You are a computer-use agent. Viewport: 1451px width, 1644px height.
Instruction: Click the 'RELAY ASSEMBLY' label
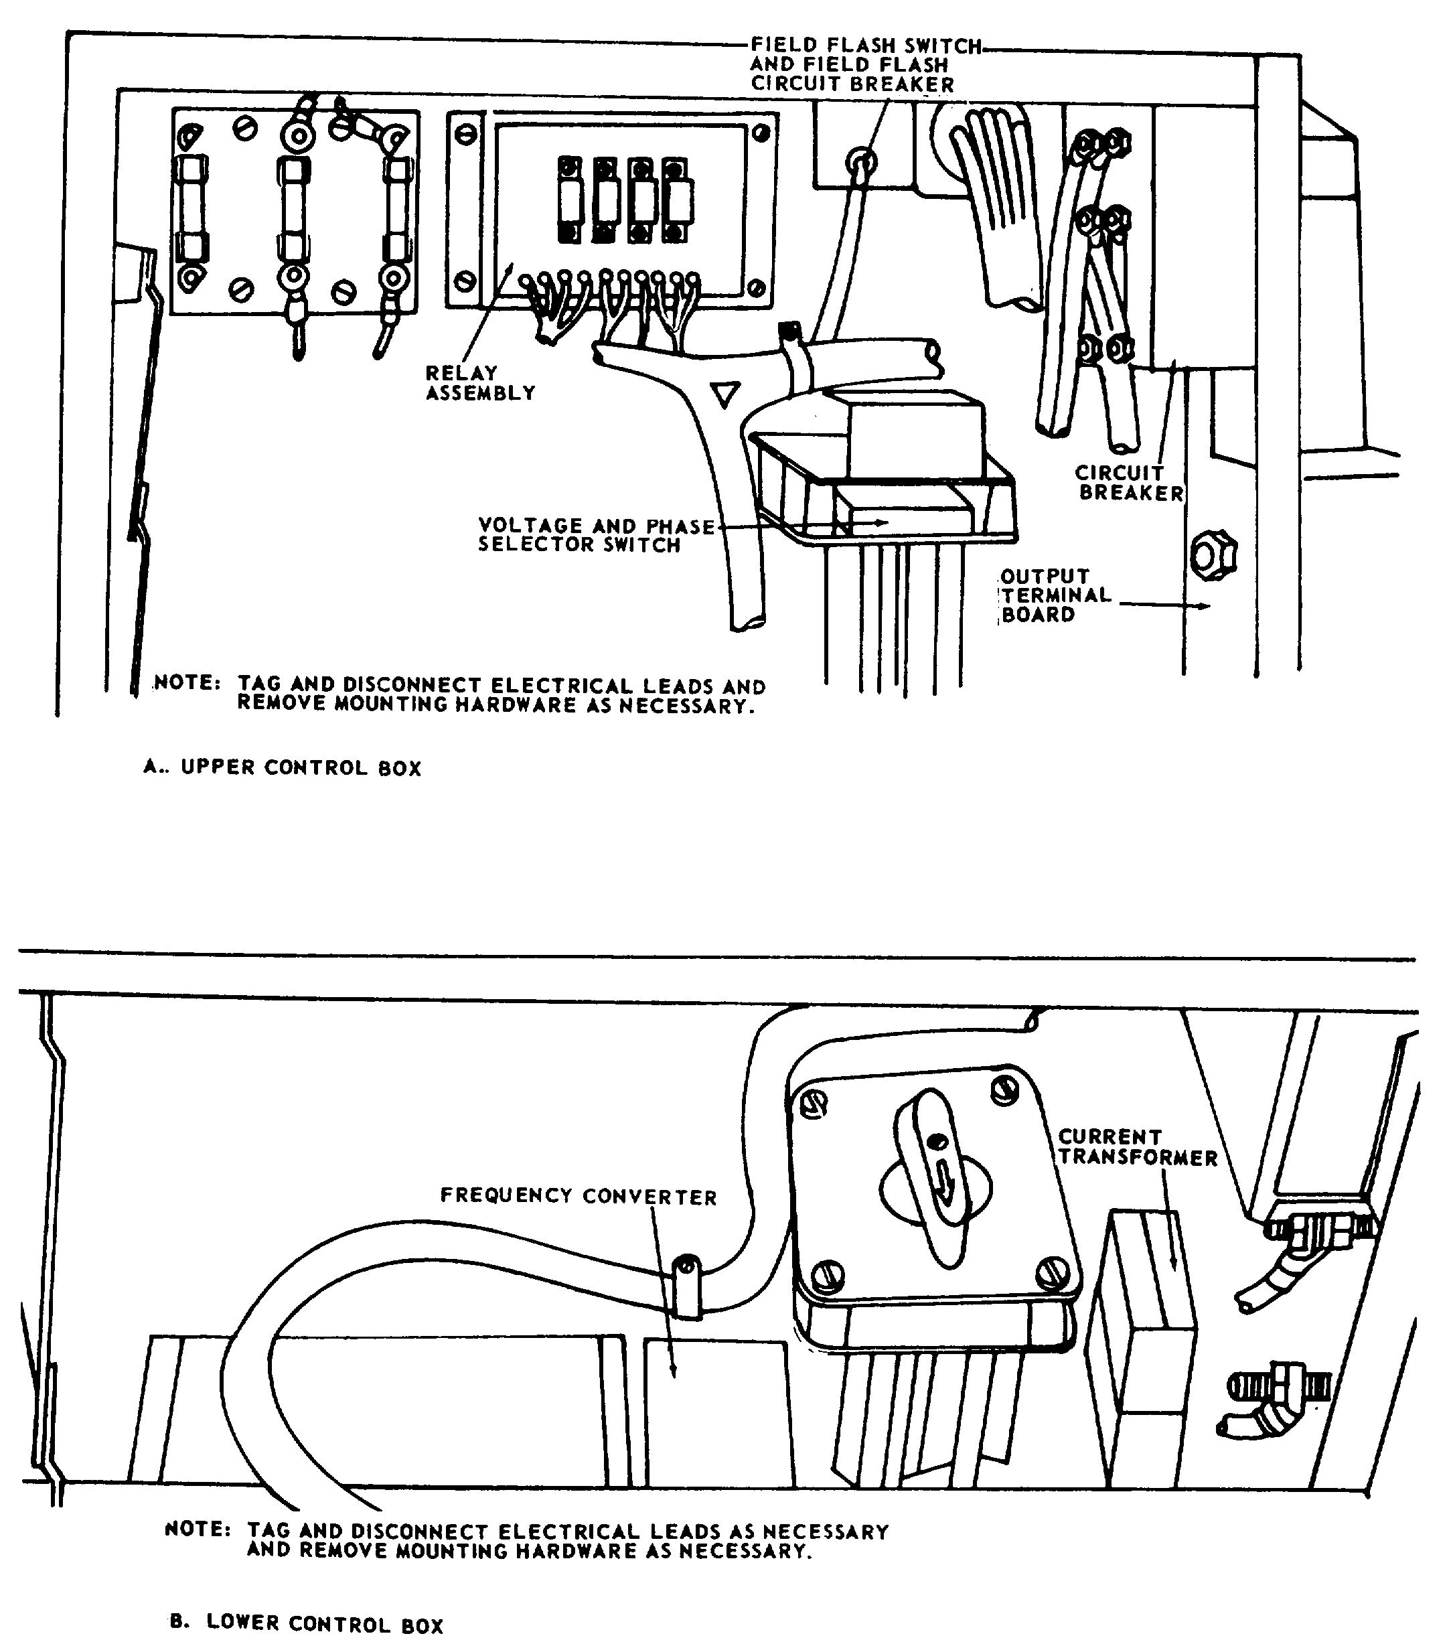click(480, 383)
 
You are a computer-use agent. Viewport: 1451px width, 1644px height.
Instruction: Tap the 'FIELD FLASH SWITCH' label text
click(866, 46)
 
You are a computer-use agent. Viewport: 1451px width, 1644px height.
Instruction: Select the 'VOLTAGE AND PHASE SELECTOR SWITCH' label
click(596, 536)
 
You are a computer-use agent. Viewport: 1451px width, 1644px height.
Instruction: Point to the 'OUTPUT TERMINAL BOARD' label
click(1055, 595)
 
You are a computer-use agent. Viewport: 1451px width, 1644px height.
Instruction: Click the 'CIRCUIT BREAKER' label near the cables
click(1130, 483)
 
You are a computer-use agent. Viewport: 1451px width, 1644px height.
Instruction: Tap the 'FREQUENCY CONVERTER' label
click(579, 1196)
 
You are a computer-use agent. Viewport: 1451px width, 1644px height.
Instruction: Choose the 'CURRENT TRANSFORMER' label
click(1138, 1147)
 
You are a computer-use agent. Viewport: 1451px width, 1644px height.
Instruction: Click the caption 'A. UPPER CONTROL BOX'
click(283, 767)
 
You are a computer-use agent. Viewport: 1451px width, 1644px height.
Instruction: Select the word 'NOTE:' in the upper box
click(187, 682)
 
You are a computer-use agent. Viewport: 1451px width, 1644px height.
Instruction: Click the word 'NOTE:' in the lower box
click(198, 1528)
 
